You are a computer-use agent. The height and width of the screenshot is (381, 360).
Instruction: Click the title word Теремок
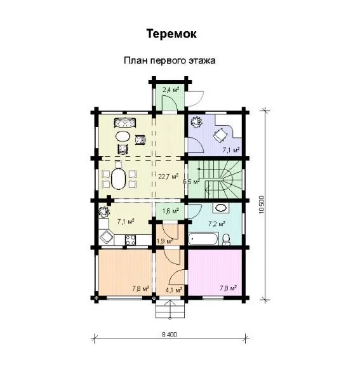click(x=171, y=34)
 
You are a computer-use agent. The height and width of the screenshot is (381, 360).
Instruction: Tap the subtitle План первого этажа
click(x=170, y=60)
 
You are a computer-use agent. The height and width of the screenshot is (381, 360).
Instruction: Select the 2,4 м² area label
click(x=171, y=90)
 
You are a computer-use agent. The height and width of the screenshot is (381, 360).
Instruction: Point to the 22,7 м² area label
click(x=168, y=176)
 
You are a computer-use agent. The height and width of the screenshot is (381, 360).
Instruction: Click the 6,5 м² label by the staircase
click(x=191, y=182)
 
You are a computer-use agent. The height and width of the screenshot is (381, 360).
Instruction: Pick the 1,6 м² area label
click(x=171, y=211)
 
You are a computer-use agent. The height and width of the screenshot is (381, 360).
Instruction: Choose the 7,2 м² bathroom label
click(x=217, y=224)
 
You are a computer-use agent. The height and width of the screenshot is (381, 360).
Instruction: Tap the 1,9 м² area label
click(x=164, y=241)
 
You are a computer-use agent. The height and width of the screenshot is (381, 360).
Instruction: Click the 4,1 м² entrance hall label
click(x=174, y=290)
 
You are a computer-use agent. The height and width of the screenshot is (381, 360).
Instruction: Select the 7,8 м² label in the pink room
click(x=229, y=288)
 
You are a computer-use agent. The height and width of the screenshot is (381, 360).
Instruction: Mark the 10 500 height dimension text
click(x=262, y=205)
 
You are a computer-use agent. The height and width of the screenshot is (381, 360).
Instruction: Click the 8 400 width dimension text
click(x=170, y=335)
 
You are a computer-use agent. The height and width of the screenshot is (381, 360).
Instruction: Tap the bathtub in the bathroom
click(x=203, y=239)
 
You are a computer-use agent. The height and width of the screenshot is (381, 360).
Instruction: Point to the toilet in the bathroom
click(x=227, y=239)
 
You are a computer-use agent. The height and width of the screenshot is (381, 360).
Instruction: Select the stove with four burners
click(x=131, y=240)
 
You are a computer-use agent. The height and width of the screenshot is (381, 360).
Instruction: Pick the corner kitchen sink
click(x=107, y=237)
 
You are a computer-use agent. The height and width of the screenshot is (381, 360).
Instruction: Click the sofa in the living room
click(x=125, y=123)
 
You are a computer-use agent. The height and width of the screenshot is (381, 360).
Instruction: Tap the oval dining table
click(x=118, y=179)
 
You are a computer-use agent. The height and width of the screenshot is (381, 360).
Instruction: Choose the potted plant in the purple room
click(x=196, y=122)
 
